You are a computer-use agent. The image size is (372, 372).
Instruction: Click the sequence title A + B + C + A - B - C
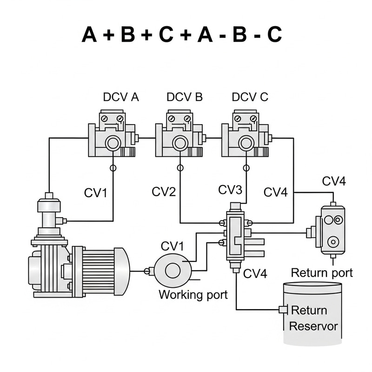(182, 35)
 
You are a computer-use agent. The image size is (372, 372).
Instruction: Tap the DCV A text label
(121, 97)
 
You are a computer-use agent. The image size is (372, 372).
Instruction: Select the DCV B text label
(185, 97)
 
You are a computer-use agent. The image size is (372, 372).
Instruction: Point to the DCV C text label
(250, 97)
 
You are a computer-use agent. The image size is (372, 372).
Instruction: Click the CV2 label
(163, 191)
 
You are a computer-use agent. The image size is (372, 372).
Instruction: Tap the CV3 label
(231, 190)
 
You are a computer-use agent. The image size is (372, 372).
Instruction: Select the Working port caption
(193, 294)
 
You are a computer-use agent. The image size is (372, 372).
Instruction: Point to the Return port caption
(322, 272)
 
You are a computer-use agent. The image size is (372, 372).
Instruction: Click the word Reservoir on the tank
(313, 325)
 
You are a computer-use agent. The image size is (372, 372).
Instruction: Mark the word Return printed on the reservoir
(309, 310)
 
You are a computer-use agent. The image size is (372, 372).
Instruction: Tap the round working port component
(172, 270)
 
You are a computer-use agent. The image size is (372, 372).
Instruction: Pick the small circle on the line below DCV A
(113, 168)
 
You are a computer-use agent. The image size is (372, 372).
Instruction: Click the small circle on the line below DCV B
(179, 168)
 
